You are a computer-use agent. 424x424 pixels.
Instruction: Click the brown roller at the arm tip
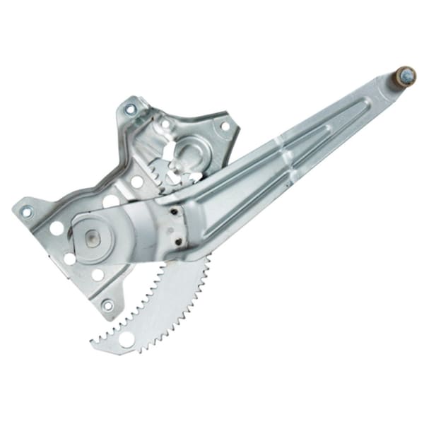click(x=405, y=75)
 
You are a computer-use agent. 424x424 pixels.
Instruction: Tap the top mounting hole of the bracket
click(x=130, y=110)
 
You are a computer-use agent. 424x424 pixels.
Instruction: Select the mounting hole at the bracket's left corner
click(x=27, y=211)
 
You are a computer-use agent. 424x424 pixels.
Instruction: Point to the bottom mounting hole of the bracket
click(x=107, y=305)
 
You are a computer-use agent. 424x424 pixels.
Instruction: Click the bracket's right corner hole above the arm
click(x=225, y=126)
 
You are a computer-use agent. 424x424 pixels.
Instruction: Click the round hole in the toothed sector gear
click(x=127, y=339)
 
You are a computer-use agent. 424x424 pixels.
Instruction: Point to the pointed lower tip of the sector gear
click(x=94, y=344)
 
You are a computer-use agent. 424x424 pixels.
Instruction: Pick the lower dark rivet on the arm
click(x=179, y=240)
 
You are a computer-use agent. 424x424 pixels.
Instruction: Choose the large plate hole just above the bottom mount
click(x=98, y=275)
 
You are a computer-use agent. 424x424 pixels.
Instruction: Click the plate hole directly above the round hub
click(x=111, y=201)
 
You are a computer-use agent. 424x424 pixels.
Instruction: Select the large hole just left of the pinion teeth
click(x=137, y=182)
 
